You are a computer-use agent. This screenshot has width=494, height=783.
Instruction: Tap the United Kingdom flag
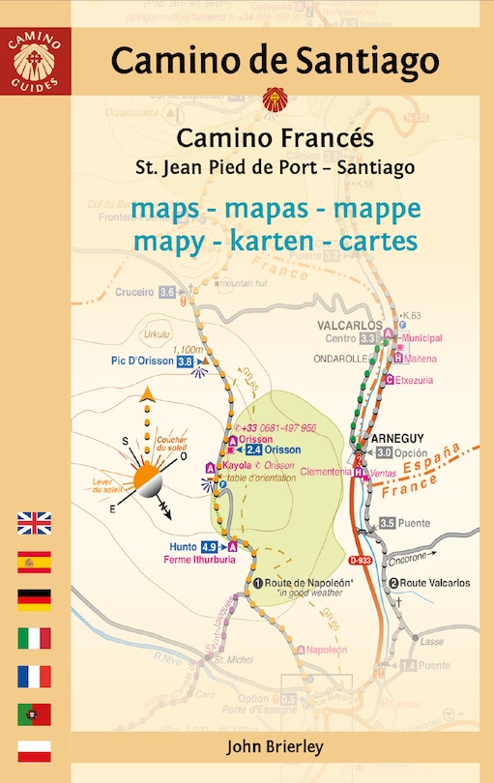click(x=34, y=524)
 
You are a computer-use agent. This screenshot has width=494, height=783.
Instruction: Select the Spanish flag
click(x=34, y=562)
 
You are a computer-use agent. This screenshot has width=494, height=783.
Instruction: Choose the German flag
click(x=34, y=599)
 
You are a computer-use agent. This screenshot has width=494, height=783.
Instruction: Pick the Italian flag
click(x=34, y=638)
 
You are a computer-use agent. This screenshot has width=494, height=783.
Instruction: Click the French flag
click(x=34, y=676)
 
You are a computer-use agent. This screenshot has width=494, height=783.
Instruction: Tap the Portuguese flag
click(x=34, y=713)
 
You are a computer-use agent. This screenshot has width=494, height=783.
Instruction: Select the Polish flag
click(x=34, y=751)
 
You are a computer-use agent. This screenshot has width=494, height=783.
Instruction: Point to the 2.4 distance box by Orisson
click(x=253, y=449)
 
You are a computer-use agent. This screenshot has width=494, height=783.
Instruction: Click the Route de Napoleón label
click(x=305, y=583)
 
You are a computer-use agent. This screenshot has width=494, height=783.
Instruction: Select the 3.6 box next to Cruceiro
click(x=167, y=292)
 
